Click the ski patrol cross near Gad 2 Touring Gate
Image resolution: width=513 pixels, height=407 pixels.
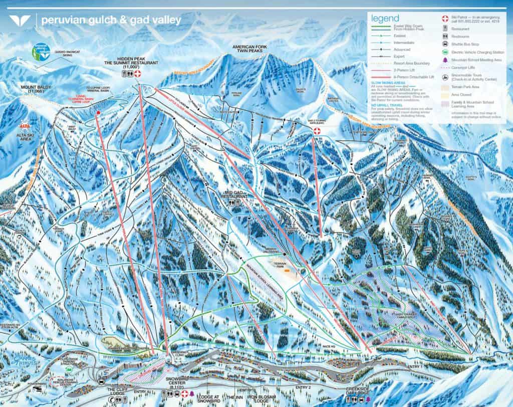317,131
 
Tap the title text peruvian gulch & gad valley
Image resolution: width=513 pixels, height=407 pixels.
111,21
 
